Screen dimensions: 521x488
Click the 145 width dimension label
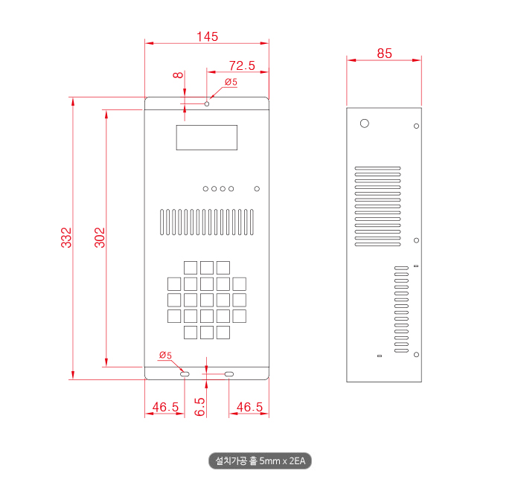(x=208, y=36)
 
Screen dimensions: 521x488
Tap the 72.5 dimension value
(x=242, y=65)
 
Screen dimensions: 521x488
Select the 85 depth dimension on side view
(x=385, y=54)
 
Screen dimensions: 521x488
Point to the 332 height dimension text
(x=66, y=237)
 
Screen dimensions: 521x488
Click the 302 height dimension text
(x=100, y=237)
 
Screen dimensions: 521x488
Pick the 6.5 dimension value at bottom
(x=199, y=407)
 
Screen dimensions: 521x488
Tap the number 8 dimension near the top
(x=178, y=75)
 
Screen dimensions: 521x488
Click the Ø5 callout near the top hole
(x=231, y=82)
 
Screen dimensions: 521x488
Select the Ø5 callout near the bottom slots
(x=165, y=355)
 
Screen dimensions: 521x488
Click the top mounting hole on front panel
(x=207, y=104)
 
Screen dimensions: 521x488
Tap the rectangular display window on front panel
(x=207, y=138)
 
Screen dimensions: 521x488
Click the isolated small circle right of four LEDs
(x=257, y=189)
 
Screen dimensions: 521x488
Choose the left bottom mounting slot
(x=185, y=374)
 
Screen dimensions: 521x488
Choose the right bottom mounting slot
(x=229, y=374)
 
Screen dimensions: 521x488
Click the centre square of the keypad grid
(x=207, y=300)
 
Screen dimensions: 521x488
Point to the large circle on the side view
(x=365, y=123)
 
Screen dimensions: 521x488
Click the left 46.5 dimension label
(x=165, y=407)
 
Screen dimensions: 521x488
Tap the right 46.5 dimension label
(x=249, y=407)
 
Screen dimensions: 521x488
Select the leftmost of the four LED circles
(x=205, y=189)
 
